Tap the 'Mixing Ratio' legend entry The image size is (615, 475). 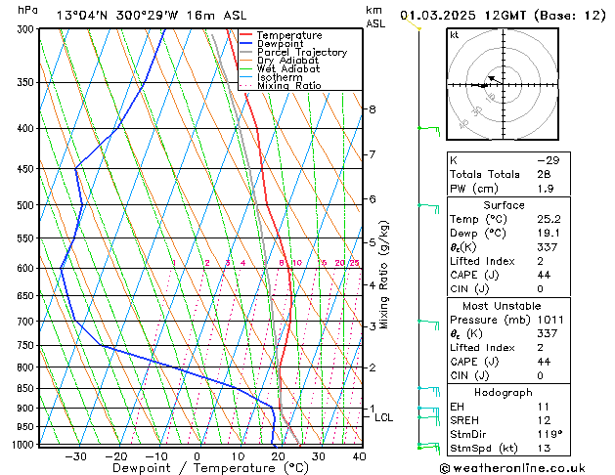tap(289, 85)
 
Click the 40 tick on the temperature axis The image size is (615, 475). tap(359, 456)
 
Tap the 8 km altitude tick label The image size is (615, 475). tap(373, 108)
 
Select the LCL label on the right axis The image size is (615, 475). tap(384, 417)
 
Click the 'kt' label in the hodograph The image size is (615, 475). tap(454, 34)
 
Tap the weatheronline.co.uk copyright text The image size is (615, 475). tap(519, 467)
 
